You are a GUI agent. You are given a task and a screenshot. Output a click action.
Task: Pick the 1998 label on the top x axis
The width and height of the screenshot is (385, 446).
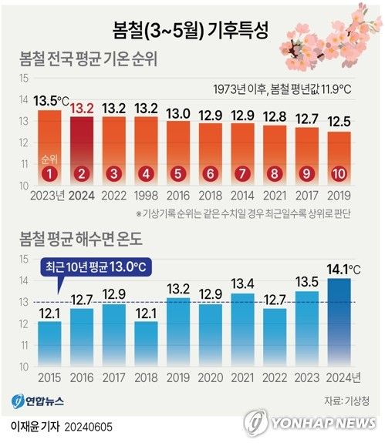[x=147, y=196]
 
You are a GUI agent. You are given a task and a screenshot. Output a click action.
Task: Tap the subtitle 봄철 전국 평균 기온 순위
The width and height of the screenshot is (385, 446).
[x=100, y=59]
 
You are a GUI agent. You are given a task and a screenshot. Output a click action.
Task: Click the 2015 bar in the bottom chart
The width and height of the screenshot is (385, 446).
[x=50, y=343]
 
